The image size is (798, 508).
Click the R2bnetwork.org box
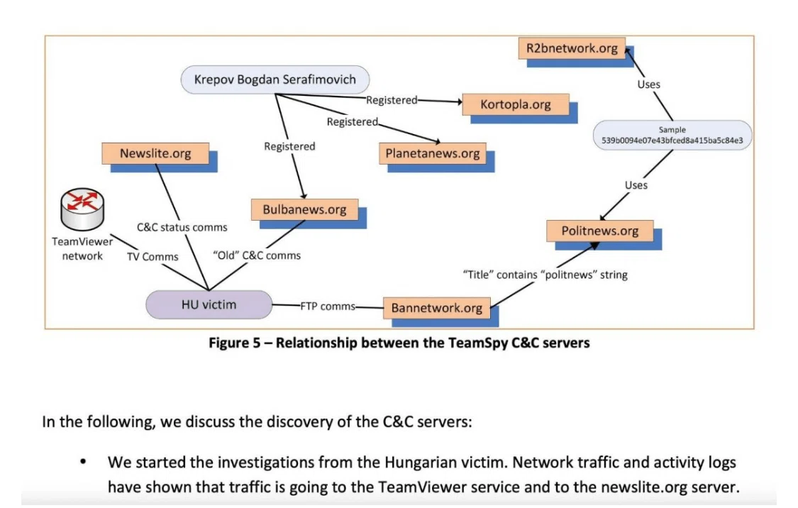(x=572, y=48)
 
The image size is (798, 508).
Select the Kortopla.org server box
(x=516, y=104)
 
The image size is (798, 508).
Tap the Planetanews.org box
(x=433, y=153)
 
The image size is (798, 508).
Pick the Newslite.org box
(x=155, y=153)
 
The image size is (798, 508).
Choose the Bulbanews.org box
(x=304, y=209)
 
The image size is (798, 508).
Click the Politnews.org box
(x=600, y=231)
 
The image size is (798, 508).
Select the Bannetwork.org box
(x=437, y=308)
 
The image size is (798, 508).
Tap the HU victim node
(x=209, y=304)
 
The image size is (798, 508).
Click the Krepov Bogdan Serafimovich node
(x=275, y=79)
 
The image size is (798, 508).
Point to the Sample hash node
(x=672, y=135)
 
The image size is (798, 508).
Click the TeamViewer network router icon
(x=82, y=209)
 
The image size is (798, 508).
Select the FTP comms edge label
(x=328, y=307)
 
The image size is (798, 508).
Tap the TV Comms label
(x=153, y=257)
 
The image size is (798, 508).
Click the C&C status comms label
(x=182, y=227)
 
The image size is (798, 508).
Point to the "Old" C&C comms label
(x=257, y=255)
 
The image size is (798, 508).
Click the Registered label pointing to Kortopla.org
(x=392, y=100)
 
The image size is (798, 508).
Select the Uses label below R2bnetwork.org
(x=649, y=84)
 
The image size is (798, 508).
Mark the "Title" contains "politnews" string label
(x=545, y=275)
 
